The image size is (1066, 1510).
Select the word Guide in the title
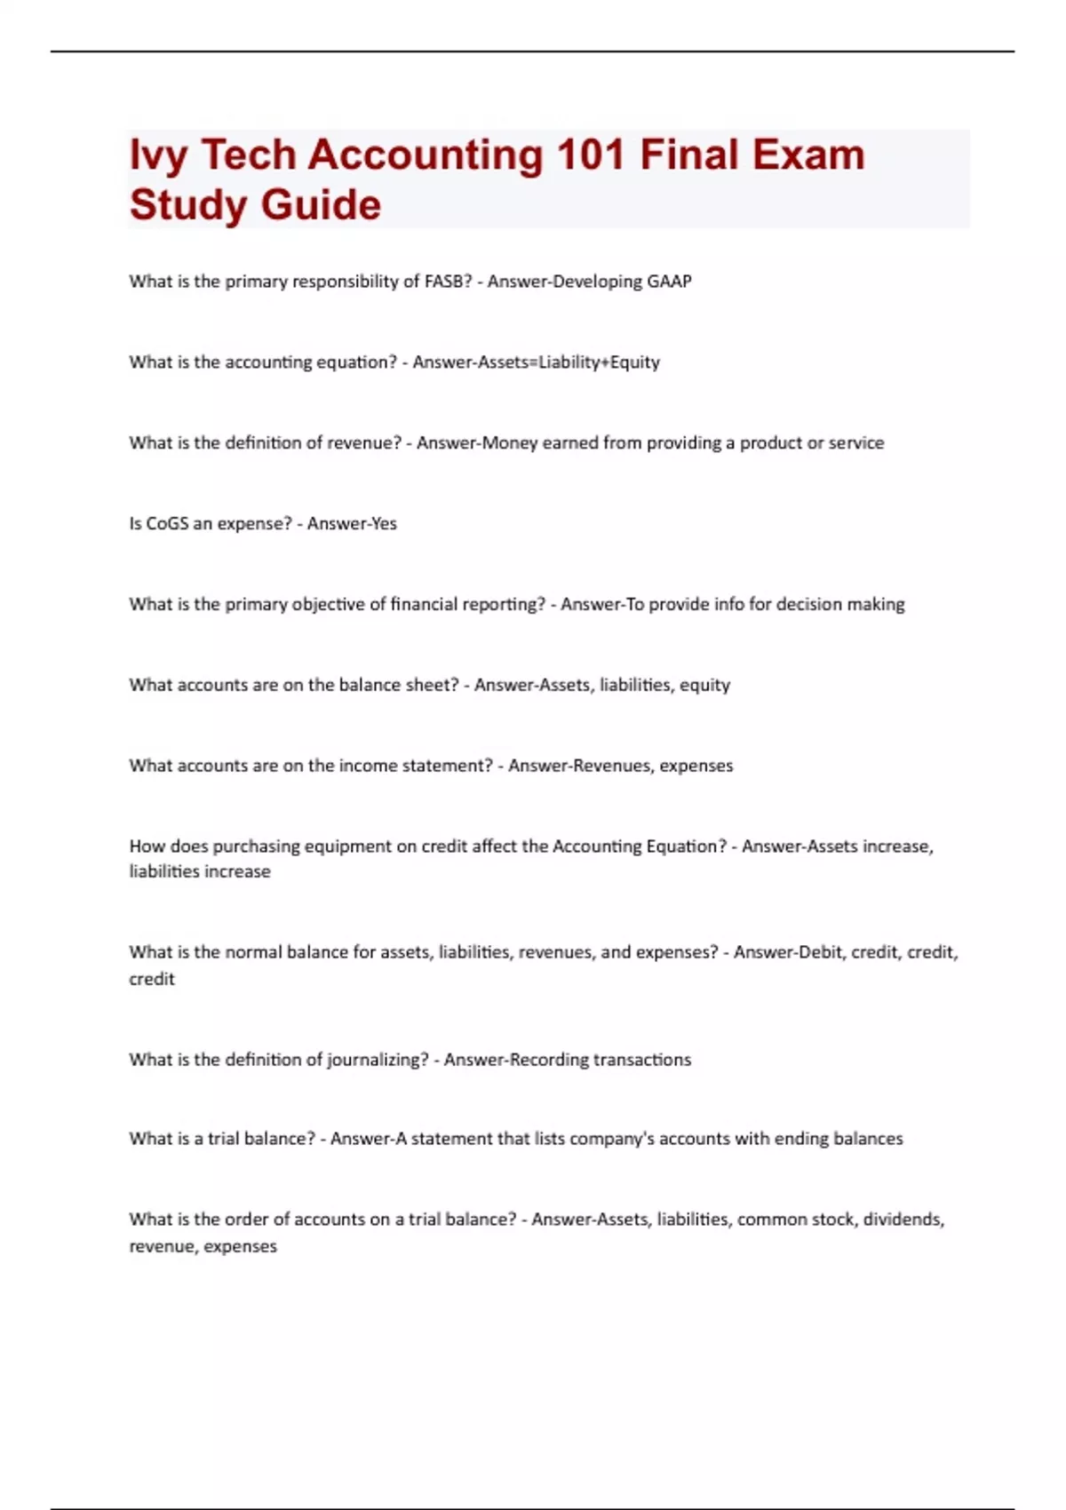click(x=321, y=205)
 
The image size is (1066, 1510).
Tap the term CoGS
click(x=168, y=524)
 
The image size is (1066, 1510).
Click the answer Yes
click(x=384, y=524)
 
